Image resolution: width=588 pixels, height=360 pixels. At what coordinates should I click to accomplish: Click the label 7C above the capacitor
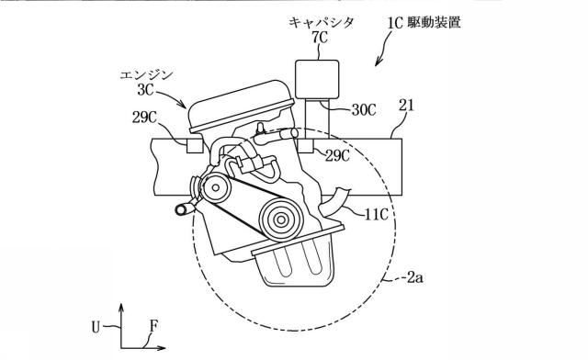coord(319,38)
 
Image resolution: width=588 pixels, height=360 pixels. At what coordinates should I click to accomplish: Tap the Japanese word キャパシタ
coord(321,22)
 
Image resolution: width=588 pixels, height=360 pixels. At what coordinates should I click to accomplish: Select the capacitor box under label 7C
coord(317,79)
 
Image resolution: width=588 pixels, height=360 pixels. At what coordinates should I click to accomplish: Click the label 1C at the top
coord(394,23)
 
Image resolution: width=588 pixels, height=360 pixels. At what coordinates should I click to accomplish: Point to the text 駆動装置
coord(433,22)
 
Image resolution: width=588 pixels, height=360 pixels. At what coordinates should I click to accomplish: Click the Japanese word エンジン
coord(146,75)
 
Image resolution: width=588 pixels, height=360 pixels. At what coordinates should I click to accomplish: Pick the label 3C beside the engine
coord(145,90)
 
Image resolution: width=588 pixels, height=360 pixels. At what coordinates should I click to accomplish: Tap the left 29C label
coord(144,118)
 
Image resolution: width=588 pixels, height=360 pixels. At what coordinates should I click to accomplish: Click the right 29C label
coord(337,155)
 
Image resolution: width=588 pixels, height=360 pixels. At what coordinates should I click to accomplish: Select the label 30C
coord(364,110)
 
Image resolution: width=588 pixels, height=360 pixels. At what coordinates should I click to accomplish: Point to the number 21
coord(406,106)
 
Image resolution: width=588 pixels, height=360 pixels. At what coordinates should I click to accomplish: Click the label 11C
coord(376,215)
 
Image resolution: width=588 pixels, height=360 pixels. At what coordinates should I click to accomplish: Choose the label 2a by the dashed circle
coord(415,278)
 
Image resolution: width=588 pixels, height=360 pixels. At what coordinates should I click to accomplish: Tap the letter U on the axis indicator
coord(96,327)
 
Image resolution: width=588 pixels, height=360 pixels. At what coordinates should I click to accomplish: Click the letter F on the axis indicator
coord(153,326)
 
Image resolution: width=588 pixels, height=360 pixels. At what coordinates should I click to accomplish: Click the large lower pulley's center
coord(281,220)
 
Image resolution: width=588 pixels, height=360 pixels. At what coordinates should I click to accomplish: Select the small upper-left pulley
coord(216,188)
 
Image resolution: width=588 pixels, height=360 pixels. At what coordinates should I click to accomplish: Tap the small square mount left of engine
coord(195,145)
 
